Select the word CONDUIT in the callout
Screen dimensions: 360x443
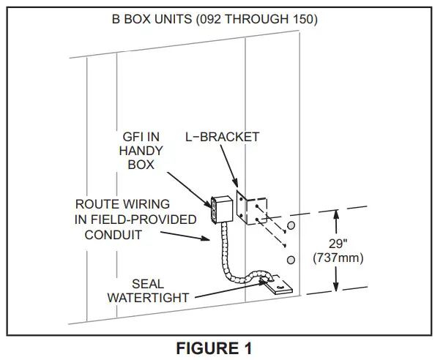(113, 235)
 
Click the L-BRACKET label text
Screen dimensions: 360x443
(222, 137)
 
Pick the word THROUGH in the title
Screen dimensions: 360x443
(263, 19)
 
